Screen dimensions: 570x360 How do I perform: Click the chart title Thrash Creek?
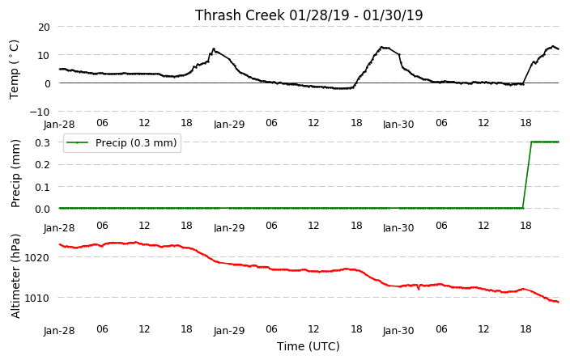[240, 15]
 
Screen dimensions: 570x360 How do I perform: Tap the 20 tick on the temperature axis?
[44, 27]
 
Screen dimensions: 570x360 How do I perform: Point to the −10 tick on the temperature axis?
[39, 112]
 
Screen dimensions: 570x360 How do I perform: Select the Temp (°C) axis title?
[14, 70]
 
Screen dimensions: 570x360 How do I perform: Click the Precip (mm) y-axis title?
[15, 173]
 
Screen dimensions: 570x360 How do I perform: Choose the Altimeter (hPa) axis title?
[15, 276]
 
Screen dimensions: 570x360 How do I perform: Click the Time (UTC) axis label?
[308, 346]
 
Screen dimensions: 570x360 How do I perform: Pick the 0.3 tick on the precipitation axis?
[43, 142]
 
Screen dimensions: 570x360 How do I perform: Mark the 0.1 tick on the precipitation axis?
[43, 187]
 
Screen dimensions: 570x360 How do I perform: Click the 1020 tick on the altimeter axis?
[36, 257]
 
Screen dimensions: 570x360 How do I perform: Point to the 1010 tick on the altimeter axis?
[36, 298]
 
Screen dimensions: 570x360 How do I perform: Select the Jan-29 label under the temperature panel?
[229, 125]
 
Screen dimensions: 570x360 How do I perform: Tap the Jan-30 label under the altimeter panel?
[398, 331]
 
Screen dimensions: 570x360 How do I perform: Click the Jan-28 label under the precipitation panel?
[59, 228]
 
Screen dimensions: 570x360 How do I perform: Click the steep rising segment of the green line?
[527, 175]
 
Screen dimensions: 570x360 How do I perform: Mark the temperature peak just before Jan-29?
[214, 49]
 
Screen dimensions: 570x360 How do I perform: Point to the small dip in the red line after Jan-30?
[419, 289]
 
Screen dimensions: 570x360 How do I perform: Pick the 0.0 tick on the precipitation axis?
[43, 209]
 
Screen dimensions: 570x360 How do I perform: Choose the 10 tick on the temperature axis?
[44, 55]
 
